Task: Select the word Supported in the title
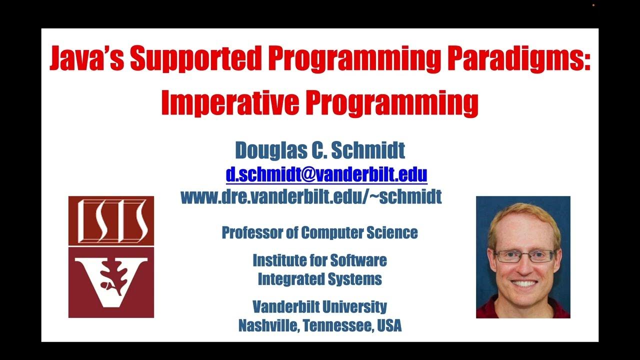pos(196,59)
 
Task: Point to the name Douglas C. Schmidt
pos(320,150)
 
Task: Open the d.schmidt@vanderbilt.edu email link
pos(326,174)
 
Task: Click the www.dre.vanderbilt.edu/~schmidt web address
pos(311,196)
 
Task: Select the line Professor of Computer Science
pos(319,232)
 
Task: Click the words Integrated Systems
pos(319,279)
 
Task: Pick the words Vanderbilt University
pos(319,306)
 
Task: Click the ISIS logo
pos(111,220)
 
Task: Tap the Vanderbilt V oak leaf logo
pos(111,282)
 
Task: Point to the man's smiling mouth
pos(524,283)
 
